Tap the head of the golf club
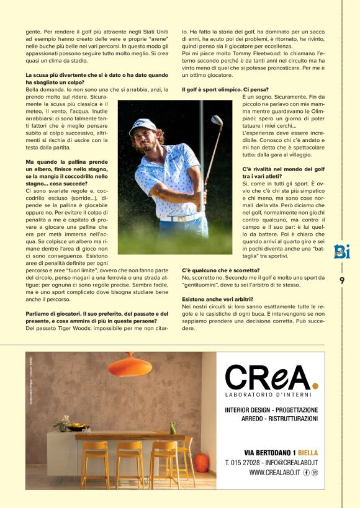(x=217, y=121)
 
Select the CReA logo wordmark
(x=271, y=377)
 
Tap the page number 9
(x=342, y=280)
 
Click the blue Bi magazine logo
(x=341, y=251)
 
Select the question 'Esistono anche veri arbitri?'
(x=217, y=299)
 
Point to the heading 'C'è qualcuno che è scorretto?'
(x=222, y=270)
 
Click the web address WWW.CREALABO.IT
(x=276, y=473)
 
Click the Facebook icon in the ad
(x=307, y=473)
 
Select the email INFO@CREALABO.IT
(x=291, y=462)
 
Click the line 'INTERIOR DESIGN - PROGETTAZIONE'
(x=271, y=410)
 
